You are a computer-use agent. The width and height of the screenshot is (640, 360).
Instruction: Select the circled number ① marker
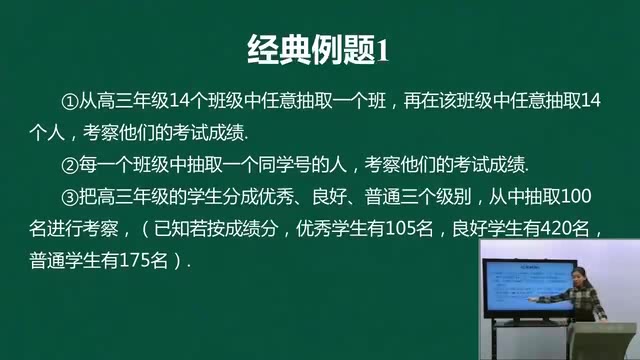(x=69, y=101)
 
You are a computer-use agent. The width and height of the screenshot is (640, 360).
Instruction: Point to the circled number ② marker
(x=69, y=163)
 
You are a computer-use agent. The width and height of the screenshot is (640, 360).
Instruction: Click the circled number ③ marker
(x=69, y=195)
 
